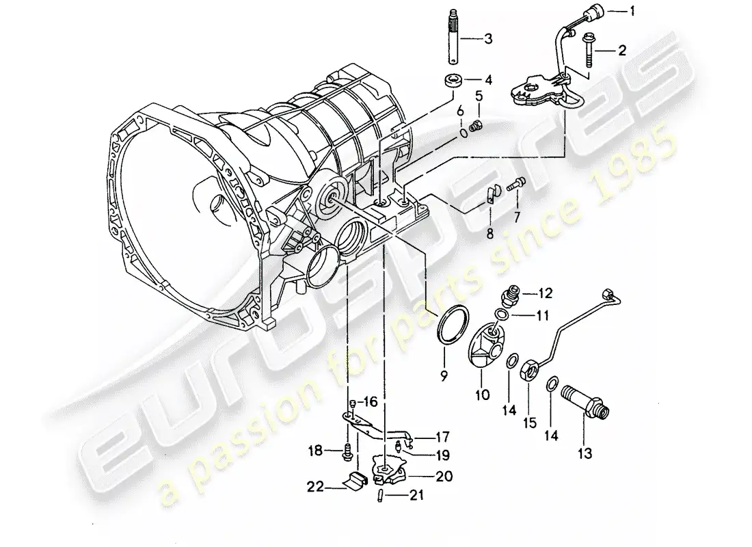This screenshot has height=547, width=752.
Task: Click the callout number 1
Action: point(632,10)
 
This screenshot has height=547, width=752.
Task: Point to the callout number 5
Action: point(479,94)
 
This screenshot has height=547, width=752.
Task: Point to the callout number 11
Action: point(541,315)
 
